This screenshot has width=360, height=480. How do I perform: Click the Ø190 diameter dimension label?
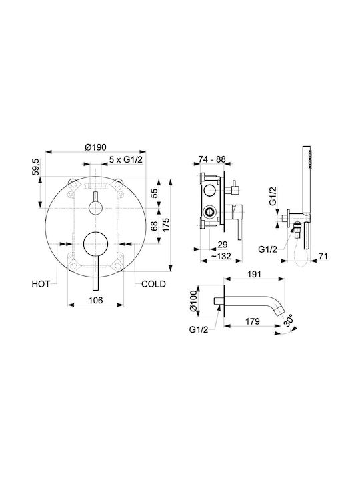pyautogui.click(x=95, y=147)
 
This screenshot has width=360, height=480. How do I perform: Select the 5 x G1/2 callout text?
pyautogui.click(x=126, y=159)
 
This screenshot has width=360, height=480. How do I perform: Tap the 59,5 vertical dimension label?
pyautogui.click(x=36, y=167)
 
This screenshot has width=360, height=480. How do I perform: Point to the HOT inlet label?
pyautogui.click(x=41, y=284)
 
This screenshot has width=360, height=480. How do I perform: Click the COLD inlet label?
pyautogui.click(x=153, y=284)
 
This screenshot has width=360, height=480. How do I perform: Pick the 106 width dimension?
pyautogui.click(x=95, y=300)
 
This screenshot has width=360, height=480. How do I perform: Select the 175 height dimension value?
pyautogui.click(x=166, y=225)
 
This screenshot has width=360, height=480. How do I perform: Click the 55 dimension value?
pyautogui.click(x=155, y=193)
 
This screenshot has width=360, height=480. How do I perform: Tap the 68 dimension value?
pyautogui.click(x=155, y=226)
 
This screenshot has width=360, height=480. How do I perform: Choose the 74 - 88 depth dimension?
pyautogui.click(x=212, y=159)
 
